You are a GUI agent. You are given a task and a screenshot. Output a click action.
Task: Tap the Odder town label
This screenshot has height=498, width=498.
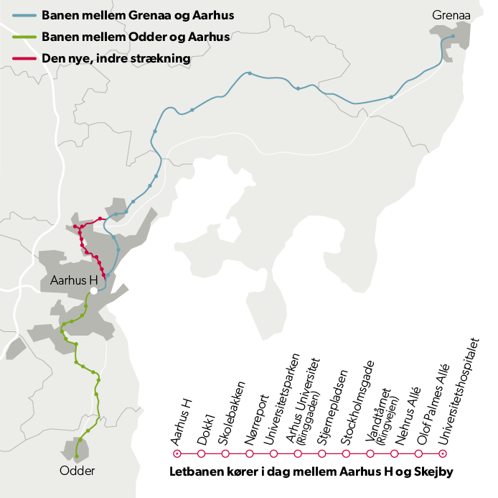point(77,471)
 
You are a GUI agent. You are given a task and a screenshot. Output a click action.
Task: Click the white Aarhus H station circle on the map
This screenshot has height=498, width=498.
point(93,290)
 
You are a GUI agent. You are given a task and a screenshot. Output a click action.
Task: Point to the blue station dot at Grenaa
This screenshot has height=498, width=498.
point(453,37)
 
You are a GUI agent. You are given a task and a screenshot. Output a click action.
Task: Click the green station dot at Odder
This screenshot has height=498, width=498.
point(77,456)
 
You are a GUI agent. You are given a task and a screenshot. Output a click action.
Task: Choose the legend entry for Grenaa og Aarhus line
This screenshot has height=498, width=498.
point(138,15)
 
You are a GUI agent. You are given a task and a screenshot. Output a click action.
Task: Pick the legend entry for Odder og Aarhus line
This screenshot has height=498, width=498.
point(136,37)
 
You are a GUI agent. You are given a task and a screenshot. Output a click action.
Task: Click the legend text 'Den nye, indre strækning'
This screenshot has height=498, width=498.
point(115,59)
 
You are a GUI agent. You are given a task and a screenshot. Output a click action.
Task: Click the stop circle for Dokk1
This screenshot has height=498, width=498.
point(201,454)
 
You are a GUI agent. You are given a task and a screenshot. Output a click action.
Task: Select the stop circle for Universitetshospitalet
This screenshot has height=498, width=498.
point(443,454)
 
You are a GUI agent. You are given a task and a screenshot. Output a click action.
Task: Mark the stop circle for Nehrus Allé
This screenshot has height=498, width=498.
point(395,454)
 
